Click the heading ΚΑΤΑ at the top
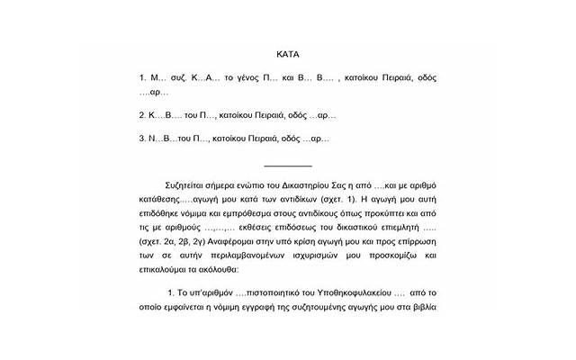288,53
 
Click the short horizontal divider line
288,166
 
